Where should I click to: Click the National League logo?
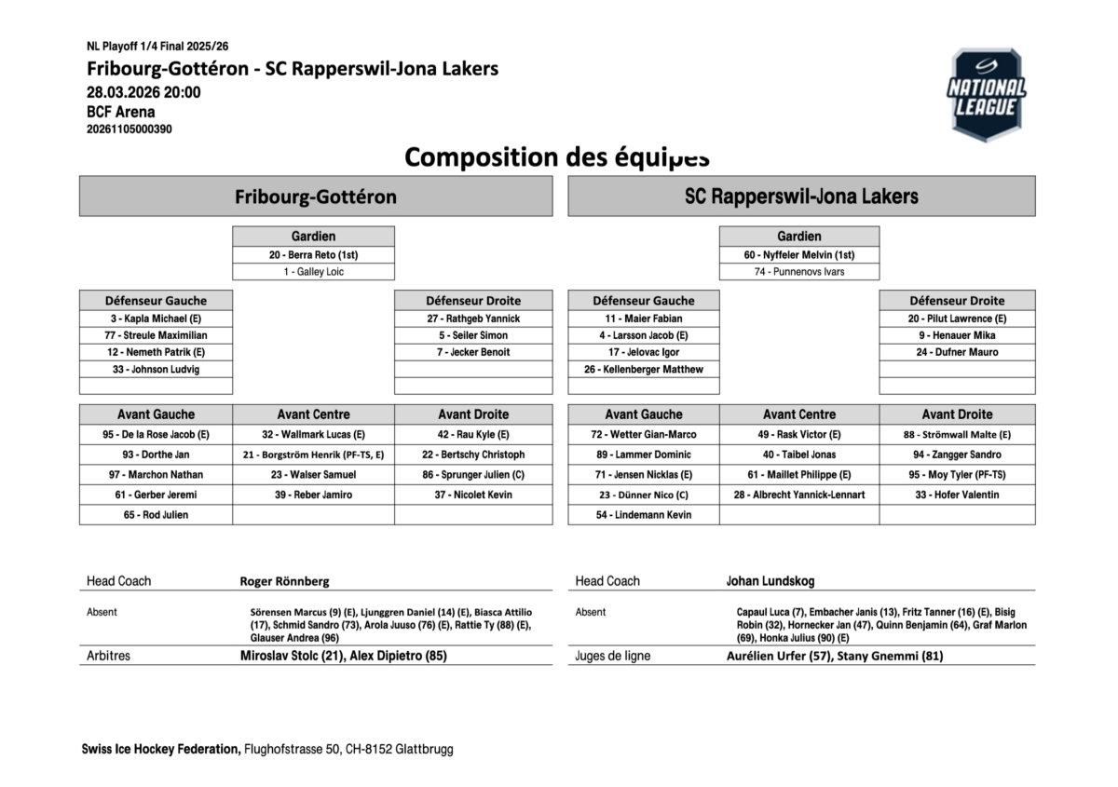click(986, 94)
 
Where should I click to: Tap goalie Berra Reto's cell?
click(313, 254)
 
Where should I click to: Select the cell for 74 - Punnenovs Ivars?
click(799, 272)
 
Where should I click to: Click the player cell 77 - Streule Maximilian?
click(156, 335)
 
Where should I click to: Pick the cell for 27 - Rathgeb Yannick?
click(473, 319)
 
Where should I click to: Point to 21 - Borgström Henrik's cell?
click(313, 455)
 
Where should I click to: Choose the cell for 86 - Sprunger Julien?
click(473, 475)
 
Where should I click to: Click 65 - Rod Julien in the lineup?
click(156, 515)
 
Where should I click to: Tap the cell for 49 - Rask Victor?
click(799, 435)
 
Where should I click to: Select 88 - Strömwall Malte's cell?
click(957, 435)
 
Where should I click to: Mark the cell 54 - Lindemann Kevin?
click(644, 515)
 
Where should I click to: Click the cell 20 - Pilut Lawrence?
click(957, 319)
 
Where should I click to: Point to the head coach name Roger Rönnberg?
click(284, 581)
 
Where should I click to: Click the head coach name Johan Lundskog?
click(770, 581)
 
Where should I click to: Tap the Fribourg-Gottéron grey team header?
click(316, 197)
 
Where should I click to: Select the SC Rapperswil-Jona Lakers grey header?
click(801, 197)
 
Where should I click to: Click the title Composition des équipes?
click(557, 156)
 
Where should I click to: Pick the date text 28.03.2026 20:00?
click(143, 92)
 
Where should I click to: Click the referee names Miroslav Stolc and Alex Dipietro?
click(343, 656)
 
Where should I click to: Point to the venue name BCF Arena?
click(121, 112)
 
